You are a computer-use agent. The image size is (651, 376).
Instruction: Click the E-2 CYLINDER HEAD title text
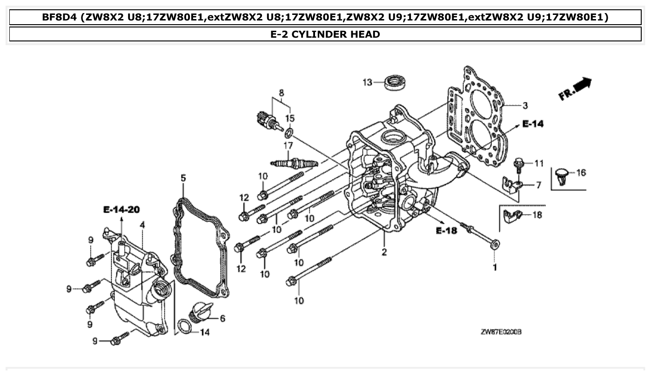point(325,34)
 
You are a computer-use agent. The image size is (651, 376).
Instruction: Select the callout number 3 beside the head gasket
point(525,106)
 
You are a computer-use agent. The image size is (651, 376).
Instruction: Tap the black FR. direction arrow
point(582,86)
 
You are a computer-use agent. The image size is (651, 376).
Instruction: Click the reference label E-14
point(532,124)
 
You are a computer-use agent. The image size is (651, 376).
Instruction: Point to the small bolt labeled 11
point(517,164)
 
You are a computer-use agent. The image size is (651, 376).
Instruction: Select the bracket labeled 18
point(512,216)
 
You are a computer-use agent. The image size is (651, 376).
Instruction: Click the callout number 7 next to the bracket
point(538,185)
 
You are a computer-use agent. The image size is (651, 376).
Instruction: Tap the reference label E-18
point(447,230)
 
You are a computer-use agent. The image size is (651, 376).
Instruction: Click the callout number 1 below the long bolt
point(495,268)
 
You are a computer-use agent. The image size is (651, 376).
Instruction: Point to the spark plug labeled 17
point(294,163)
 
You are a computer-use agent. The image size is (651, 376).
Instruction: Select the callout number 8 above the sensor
point(281,93)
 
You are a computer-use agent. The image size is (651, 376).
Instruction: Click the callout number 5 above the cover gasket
point(183,178)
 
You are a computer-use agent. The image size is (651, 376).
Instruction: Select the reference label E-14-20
point(121,210)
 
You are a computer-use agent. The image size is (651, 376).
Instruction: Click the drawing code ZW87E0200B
point(501,332)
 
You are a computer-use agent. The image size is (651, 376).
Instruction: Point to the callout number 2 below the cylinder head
point(384,253)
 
